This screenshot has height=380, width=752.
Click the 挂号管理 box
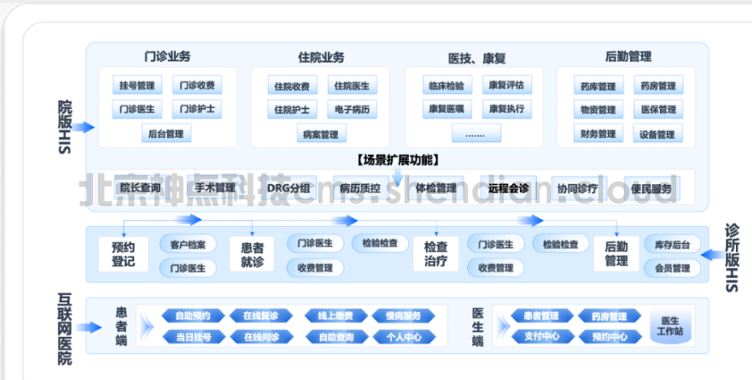click(138, 87)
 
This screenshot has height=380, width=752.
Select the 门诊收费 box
click(196, 87)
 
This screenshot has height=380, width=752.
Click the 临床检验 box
click(445, 87)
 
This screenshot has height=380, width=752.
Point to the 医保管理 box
click(657, 110)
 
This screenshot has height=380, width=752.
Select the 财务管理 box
click(597, 134)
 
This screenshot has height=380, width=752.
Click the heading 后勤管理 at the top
click(628, 56)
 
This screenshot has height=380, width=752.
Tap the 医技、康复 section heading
click(477, 57)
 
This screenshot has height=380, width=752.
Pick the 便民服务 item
click(651, 189)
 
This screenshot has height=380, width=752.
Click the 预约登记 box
click(123, 254)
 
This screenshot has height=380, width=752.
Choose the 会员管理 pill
click(672, 267)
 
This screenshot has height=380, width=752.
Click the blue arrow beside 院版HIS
click(84, 128)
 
